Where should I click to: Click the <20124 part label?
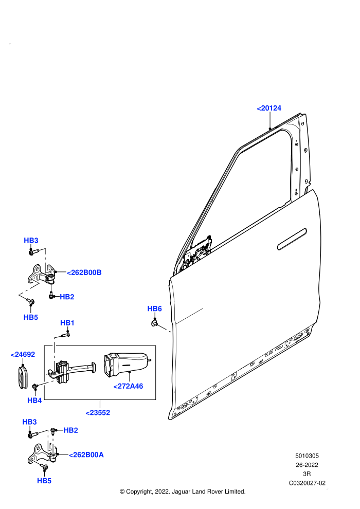tap(269, 108)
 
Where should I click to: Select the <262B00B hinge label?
tap(84, 272)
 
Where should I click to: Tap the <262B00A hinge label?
tap(86, 455)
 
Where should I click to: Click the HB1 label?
tap(67, 323)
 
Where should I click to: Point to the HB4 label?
tap(34, 400)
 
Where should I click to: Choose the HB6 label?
tap(154, 308)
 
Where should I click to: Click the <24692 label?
tap(23, 354)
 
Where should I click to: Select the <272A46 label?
tap(128, 386)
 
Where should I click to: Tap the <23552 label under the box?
tap(98, 412)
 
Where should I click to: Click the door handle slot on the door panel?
tap(292, 239)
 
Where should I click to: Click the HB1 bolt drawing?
tap(65, 334)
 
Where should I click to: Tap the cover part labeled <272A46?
tap(127, 363)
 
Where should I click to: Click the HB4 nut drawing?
tap(35, 386)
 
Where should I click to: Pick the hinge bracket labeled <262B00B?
tap(42, 275)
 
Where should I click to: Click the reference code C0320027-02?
tap(307, 483)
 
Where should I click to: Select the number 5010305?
tap(307, 456)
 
